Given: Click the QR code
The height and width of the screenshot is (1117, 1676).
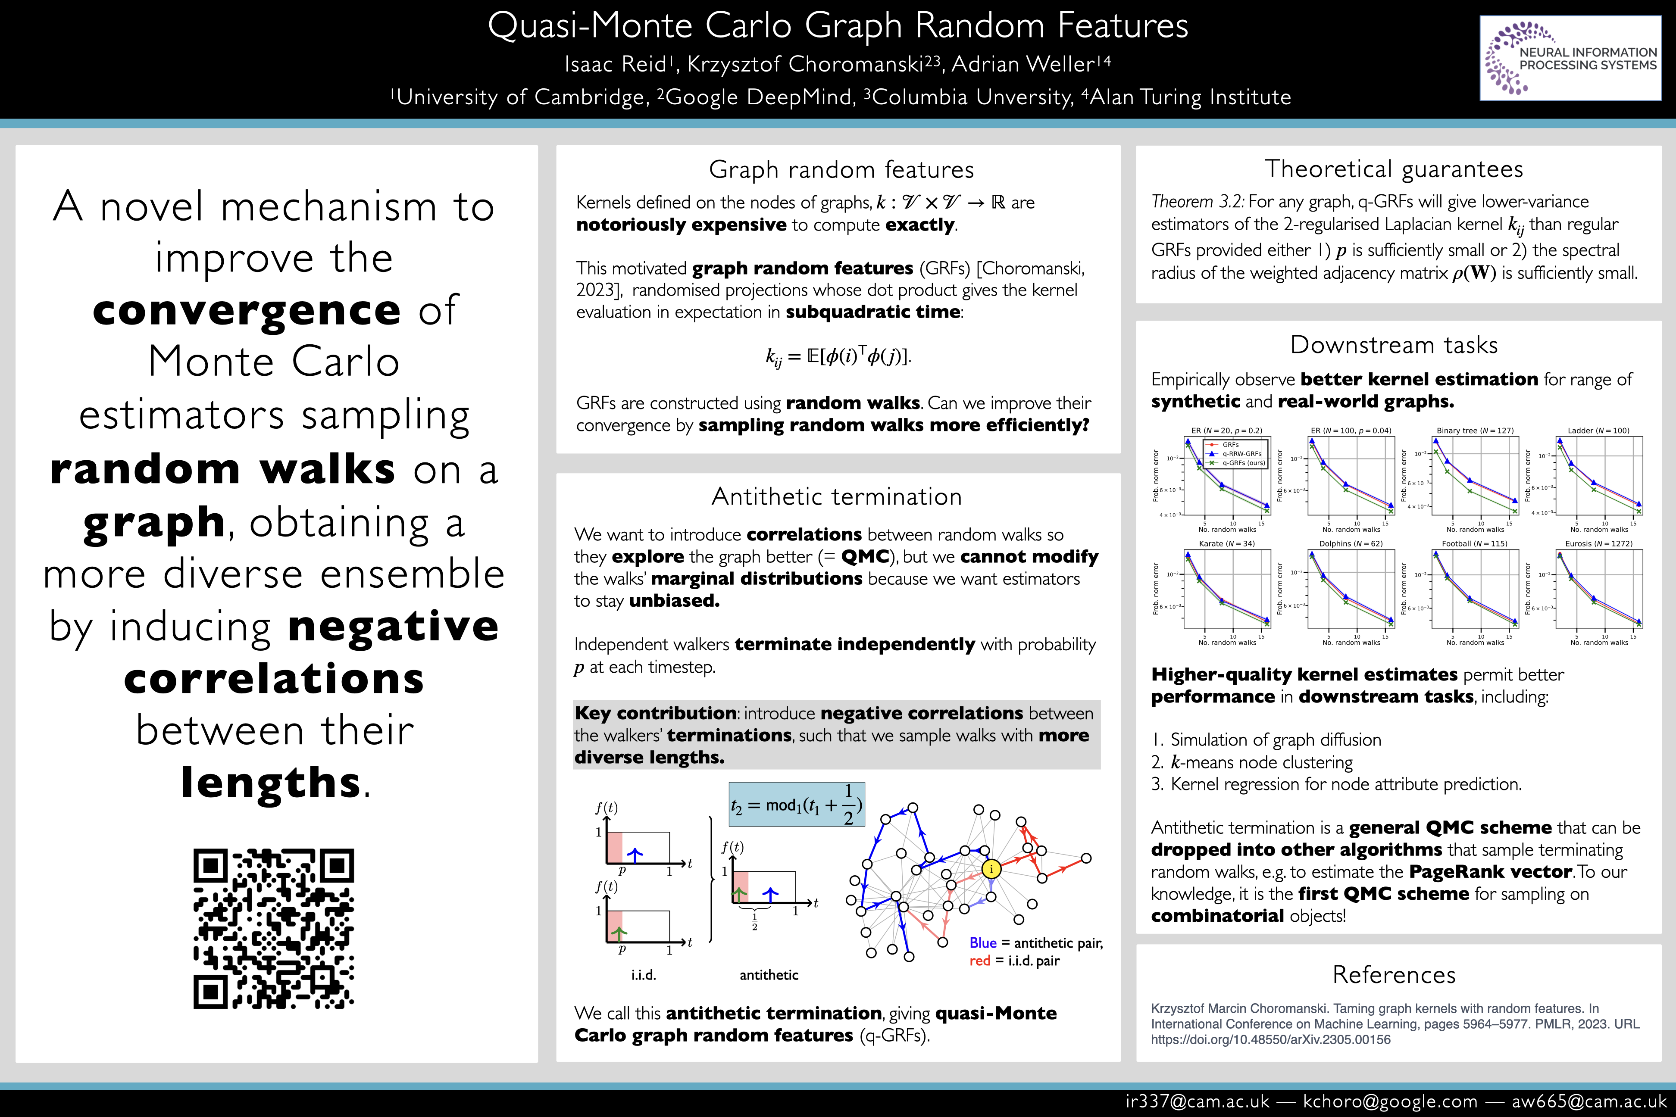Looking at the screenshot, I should click(x=274, y=928).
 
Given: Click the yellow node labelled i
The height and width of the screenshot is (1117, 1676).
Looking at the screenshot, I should click(x=991, y=868).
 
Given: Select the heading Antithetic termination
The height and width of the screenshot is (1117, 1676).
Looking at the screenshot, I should click(x=837, y=496).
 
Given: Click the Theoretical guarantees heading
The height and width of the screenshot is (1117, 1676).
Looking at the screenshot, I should click(x=1394, y=169).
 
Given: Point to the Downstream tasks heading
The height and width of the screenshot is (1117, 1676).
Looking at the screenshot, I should click(x=1394, y=345).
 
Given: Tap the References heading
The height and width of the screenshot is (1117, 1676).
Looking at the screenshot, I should click(x=1394, y=974).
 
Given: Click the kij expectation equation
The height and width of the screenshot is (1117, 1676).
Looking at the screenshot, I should click(x=838, y=356).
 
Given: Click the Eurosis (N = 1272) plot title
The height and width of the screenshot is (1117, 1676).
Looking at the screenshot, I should click(x=1598, y=543).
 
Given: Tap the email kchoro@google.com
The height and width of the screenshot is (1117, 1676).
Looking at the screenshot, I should click(x=1389, y=1101).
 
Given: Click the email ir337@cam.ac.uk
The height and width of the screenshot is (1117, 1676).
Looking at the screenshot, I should click(x=1197, y=1101).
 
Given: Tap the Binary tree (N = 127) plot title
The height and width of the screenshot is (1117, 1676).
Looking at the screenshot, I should click(x=1475, y=430).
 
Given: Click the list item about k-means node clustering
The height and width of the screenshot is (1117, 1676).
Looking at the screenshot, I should click(x=1261, y=762).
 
